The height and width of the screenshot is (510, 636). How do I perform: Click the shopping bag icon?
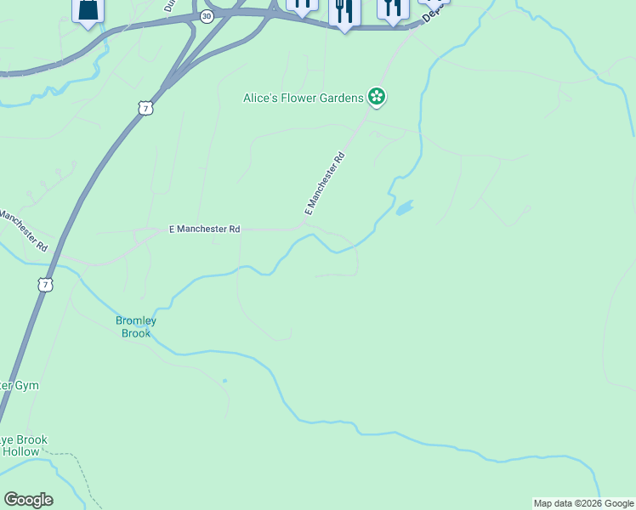[x=88, y=11]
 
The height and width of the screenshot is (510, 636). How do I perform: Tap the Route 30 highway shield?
[x=207, y=16]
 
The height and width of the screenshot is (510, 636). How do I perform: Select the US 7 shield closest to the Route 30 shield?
[x=146, y=108]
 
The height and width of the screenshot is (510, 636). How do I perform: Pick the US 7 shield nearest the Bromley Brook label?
[x=44, y=284]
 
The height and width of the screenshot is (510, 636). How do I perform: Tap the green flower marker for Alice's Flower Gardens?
[x=377, y=98]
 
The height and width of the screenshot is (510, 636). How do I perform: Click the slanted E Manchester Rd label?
[x=326, y=183]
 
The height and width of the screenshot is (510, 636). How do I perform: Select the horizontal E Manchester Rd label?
[x=205, y=229]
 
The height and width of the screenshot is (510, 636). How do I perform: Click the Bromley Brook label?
[x=134, y=327]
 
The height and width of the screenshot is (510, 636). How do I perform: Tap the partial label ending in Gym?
[x=19, y=385]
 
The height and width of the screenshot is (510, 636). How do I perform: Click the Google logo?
[x=28, y=500]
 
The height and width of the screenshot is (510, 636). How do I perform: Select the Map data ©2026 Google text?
[x=583, y=503]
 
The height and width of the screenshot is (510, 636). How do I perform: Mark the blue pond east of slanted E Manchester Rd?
[x=404, y=207]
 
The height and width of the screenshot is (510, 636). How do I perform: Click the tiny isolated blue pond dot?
[x=224, y=381]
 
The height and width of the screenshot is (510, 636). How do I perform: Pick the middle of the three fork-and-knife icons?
[x=344, y=12]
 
